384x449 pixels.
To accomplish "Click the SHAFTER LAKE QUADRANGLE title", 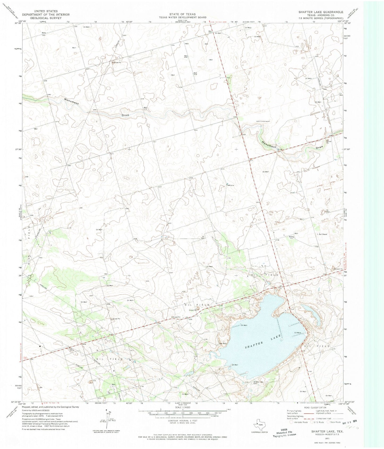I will (321, 12).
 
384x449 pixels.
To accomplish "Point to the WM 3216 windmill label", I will (230, 185).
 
